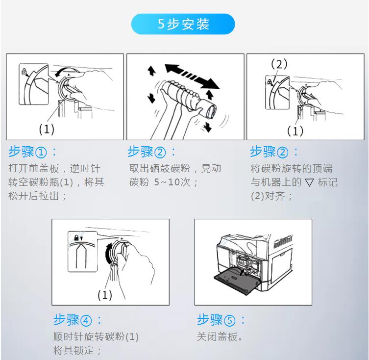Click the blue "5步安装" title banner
pyautogui.click(x=183, y=24)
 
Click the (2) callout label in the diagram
pyautogui.click(x=279, y=64)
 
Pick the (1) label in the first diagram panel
pyautogui.click(x=47, y=129)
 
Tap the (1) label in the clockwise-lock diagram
pyautogui.click(x=105, y=295)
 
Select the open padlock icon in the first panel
pyautogui.click(x=24, y=71)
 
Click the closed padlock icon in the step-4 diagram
pyautogui.click(x=76, y=237)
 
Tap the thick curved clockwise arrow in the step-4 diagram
pyautogui.click(x=108, y=254)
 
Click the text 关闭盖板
pyautogui.click(x=217, y=337)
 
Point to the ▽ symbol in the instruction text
pyautogui.click(x=309, y=182)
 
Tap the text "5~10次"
pyautogui.click(x=172, y=182)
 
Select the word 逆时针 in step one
pyautogui.click(x=85, y=168)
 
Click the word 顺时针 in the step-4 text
pyautogui.click(x=69, y=336)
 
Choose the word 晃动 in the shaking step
pyautogui.click(x=211, y=168)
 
